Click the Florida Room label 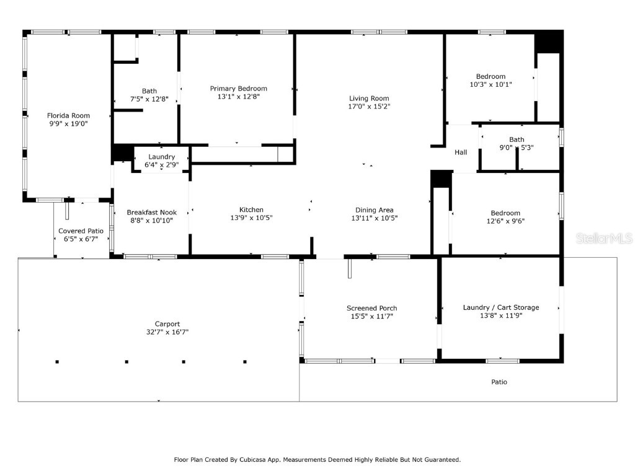click(68, 116)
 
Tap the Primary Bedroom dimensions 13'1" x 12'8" click(239, 97)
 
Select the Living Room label click(370, 99)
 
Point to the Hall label click(461, 152)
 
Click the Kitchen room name click(252, 209)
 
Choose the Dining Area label click(375, 210)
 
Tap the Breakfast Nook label click(152, 213)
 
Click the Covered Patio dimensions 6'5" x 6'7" click(81, 239)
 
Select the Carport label click(167, 324)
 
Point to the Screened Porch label click(372, 309)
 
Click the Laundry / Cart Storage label click(501, 307)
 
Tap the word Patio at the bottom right click(499, 382)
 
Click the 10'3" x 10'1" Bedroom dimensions click(491, 84)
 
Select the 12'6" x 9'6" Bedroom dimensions click(506, 221)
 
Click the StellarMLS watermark click(605, 238)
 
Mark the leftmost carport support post click(57, 362)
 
